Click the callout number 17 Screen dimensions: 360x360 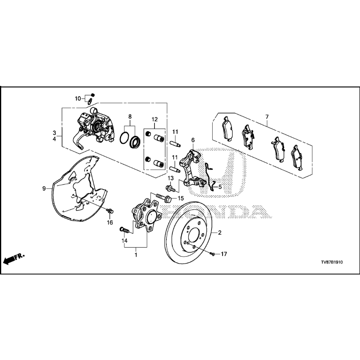pyautogui.click(x=224, y=254)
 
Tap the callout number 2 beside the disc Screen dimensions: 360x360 pyautogui.click(x=219, y=232)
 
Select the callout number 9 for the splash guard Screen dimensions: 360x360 pyautogui.click(x=44, y=189)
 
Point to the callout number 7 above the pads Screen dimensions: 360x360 pyautogui.click(x=267, y=117)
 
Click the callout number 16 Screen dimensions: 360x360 pyautogui.click(x=110, y=222)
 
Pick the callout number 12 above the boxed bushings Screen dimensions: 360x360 pyautogui.click(x=154, y=119)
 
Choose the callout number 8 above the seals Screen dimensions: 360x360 pyautogui.click(x=130, y=116)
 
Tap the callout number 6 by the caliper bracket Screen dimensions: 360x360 pyautogui.click(x=193, y=140)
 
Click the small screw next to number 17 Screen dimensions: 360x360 pyautogui.click(x=213, y=254)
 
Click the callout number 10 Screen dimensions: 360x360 pyautogui.click(x=78, y=98)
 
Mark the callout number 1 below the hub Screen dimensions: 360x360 pyautogui.click(x=135, y=255)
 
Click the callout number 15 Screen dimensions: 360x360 pyautogui.click(x=180, y=198)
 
